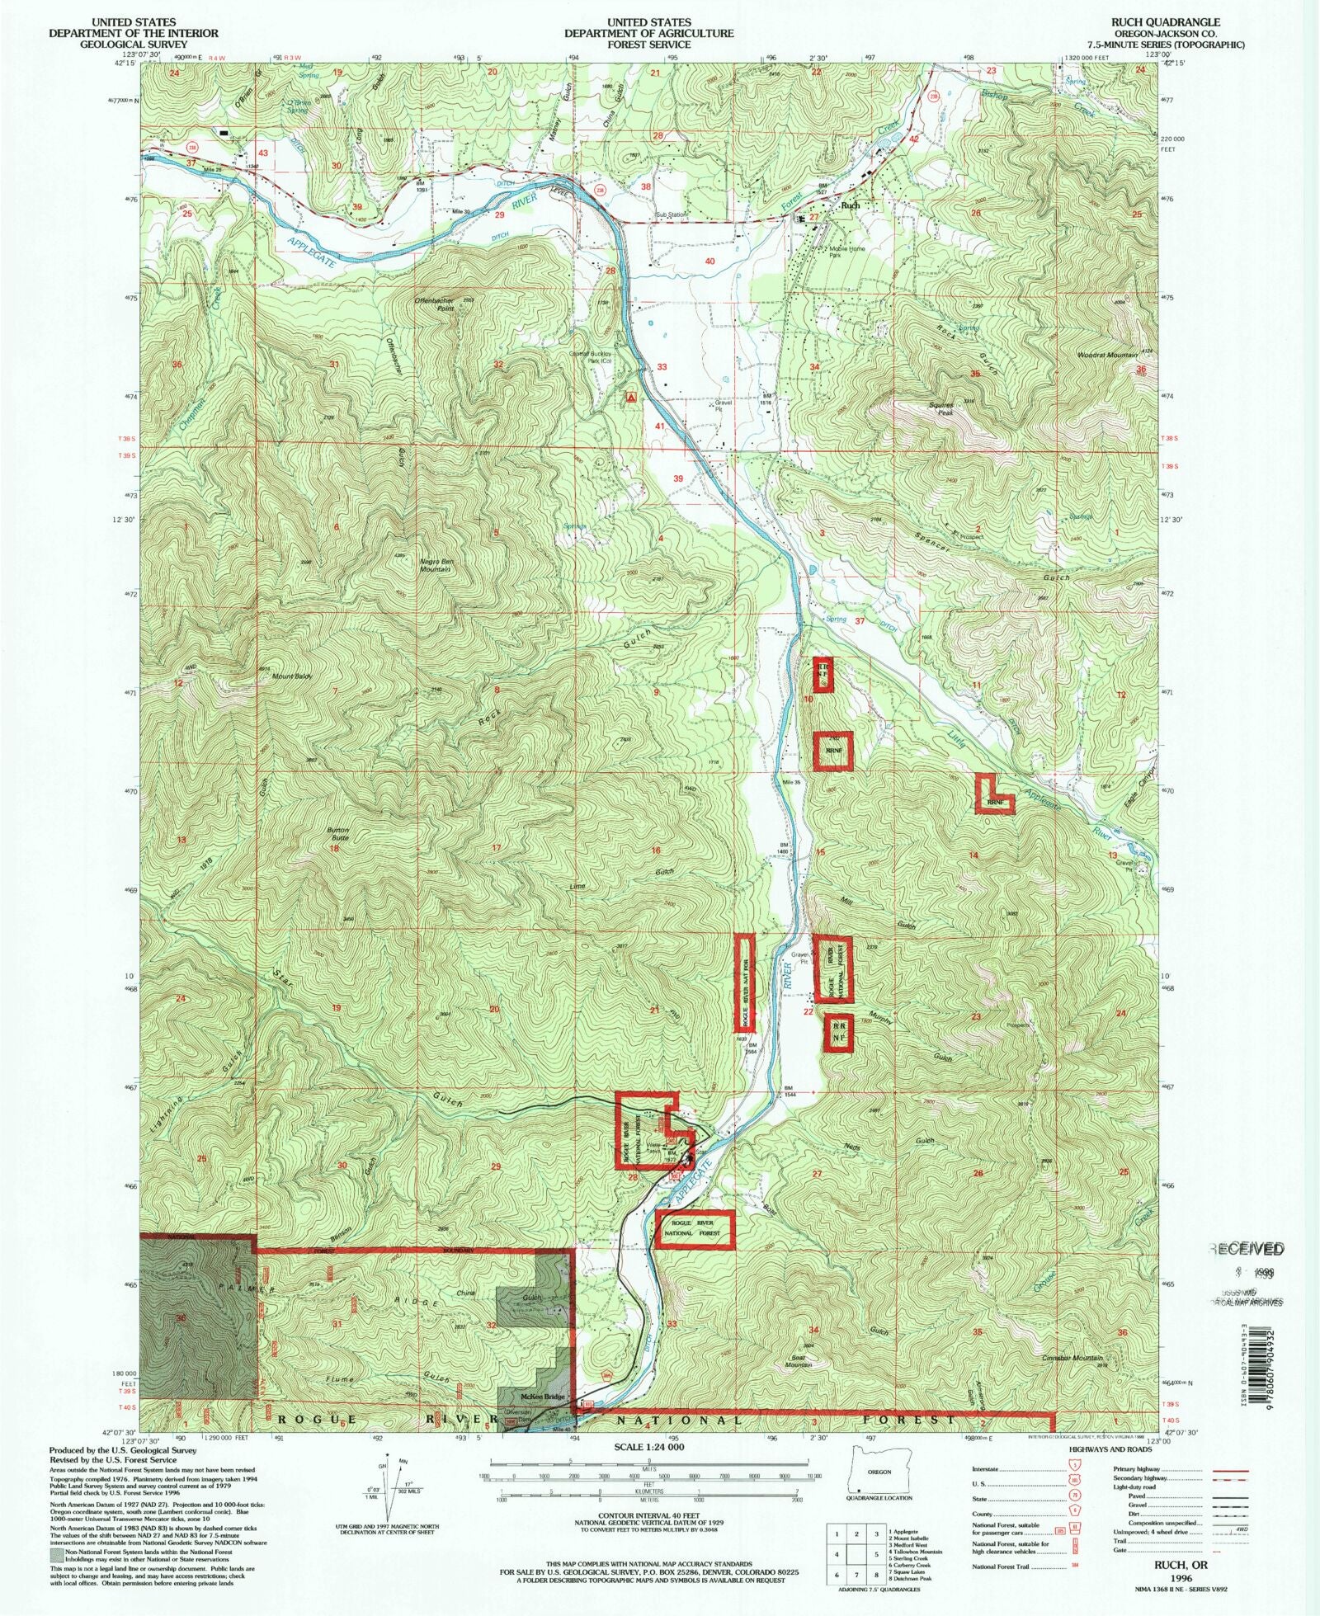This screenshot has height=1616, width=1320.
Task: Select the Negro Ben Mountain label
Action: (x=435, y=565)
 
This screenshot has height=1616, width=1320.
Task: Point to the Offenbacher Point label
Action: (x=435, y=304)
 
